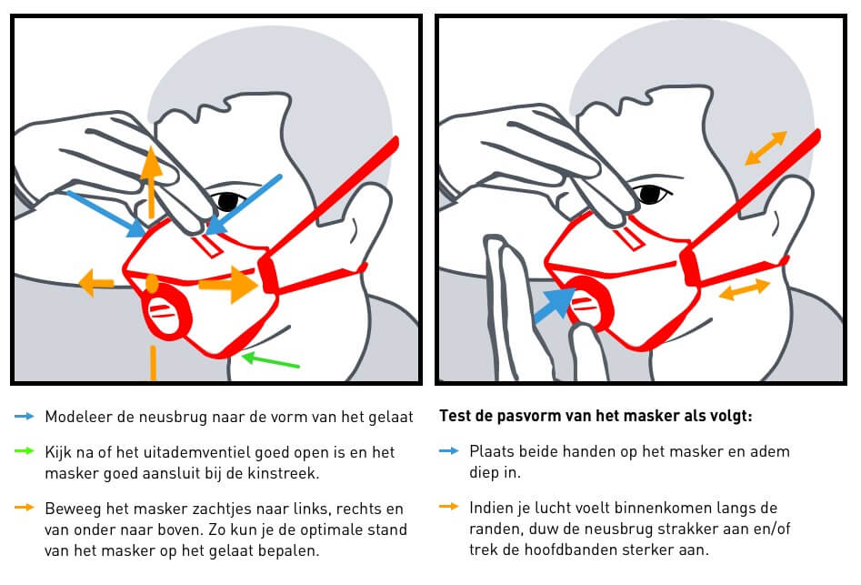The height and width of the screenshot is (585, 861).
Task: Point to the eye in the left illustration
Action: [225, 200]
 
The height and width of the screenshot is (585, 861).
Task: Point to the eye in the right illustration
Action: [649, 194]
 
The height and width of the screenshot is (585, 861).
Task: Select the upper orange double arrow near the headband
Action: [766, 148]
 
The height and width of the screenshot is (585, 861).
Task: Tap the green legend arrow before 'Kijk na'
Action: [25, 450]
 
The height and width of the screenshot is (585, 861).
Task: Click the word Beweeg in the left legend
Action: [70, 509]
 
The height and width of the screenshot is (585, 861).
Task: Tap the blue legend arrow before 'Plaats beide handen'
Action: [450, 450]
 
